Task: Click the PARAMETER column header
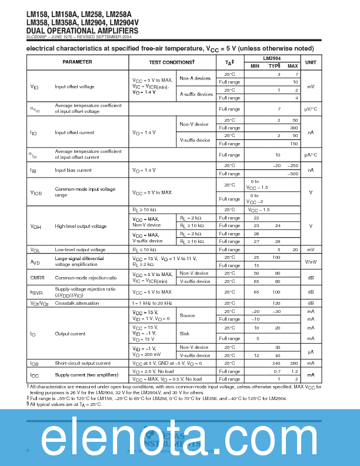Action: pos(77,62)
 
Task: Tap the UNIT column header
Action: pos(311,62)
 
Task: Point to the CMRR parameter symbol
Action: pos(37,277)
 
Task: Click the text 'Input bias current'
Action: pos(73,170)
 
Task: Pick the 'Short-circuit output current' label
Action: pos(82,363)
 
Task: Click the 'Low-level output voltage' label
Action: pos(80,249)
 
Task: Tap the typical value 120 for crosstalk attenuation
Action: pos(276,303)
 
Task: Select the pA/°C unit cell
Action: pos(311,155)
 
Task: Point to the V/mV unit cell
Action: pos(311,261)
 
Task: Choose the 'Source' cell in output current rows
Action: pos(187,315)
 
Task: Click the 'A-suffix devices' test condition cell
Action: pos(196,94)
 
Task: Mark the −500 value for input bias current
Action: pos(291,174)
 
